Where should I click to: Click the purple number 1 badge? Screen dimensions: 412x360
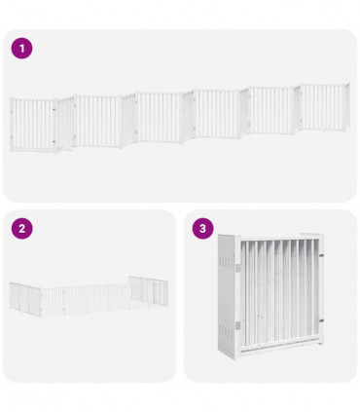21,48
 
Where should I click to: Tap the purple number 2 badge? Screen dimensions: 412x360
21,229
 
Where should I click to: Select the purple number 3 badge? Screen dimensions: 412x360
202,229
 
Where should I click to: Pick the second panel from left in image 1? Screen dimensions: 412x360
97,121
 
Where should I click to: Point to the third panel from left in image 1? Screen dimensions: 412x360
159,118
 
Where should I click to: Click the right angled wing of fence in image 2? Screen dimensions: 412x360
148,290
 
